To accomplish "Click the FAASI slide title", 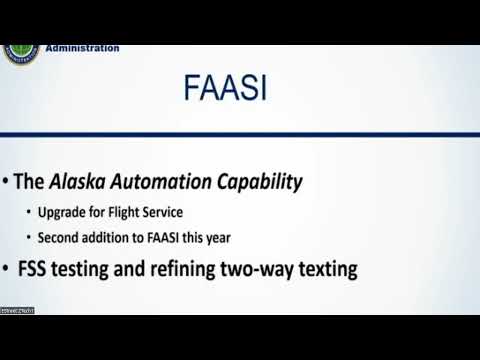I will click(224, 91).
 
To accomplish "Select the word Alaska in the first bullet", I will click(78, 183).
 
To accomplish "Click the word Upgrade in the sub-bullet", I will click(61, 213).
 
